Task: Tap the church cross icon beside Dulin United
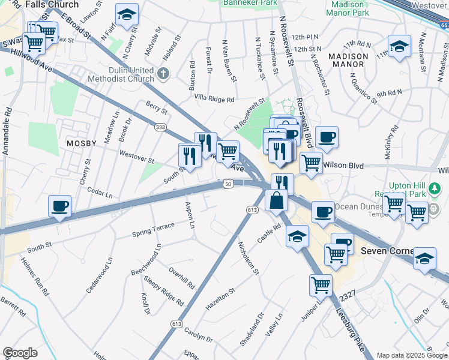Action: [164, 74]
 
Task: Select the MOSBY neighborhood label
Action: [82, 143]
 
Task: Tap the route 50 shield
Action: [229, 183]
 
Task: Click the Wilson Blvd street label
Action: [344, 164]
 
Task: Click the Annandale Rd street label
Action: [8, 132]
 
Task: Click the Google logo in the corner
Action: [20, 353]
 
